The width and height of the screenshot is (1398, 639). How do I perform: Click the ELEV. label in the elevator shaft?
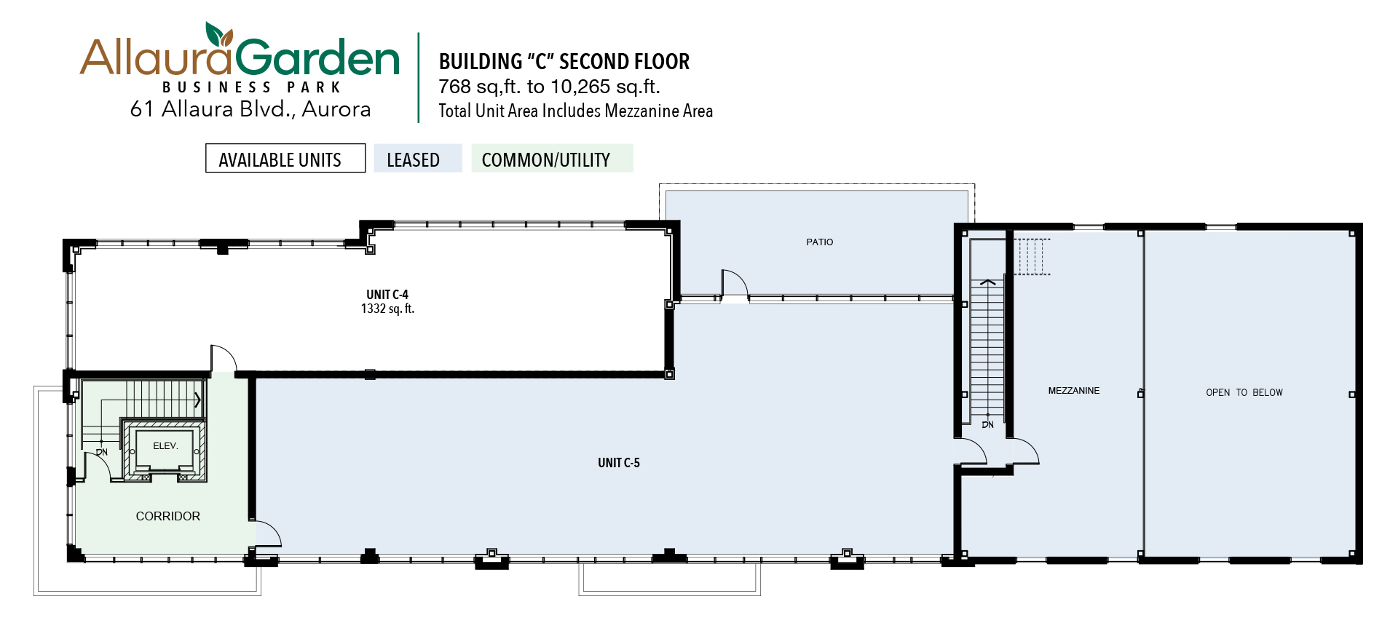[165, 446]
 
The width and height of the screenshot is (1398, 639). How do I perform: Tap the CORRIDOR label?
[168, 516]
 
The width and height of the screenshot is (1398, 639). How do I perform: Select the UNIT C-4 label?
[387, 295]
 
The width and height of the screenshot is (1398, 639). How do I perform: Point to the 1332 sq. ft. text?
[387, 309]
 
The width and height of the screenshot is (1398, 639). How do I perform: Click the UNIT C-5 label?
[619, 463]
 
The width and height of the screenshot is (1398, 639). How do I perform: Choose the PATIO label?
[820, 242]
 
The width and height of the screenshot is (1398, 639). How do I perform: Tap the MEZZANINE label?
[1074, 391]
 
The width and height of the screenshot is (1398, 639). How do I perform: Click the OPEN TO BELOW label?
[1244, 392]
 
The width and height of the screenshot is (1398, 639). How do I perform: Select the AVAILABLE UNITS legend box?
[285, 158]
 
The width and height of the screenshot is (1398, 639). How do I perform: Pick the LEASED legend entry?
[418, 158]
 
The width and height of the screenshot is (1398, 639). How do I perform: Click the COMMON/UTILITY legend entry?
[552, 158]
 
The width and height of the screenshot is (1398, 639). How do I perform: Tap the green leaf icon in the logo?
[218, 34]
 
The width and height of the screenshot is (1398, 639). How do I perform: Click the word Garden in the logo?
[317, 57]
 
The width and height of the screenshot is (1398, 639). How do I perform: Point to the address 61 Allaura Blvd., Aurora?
[250, 109]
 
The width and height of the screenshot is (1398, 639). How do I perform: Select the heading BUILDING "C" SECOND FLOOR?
[564, 62]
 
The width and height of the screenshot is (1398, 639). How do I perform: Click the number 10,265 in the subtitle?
[580, 87]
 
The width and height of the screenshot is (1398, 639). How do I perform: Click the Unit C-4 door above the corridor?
[224, 359]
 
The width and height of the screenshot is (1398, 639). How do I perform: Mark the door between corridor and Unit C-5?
[267, 533]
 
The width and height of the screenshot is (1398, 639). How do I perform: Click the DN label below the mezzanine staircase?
[987, 425]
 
